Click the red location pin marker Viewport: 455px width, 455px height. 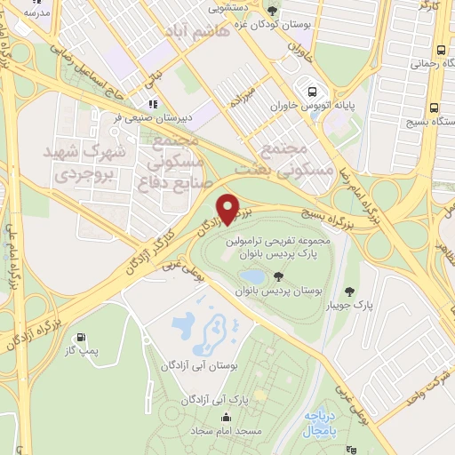coord(229,209)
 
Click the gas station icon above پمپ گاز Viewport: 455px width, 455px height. coord(83,338)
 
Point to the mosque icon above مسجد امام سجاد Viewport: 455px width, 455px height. coord(227,417)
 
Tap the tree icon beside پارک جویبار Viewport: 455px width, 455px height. coord(349,290)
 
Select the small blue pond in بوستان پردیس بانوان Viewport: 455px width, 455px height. coord(251,276)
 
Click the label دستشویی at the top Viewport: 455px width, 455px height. coord(228,8)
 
